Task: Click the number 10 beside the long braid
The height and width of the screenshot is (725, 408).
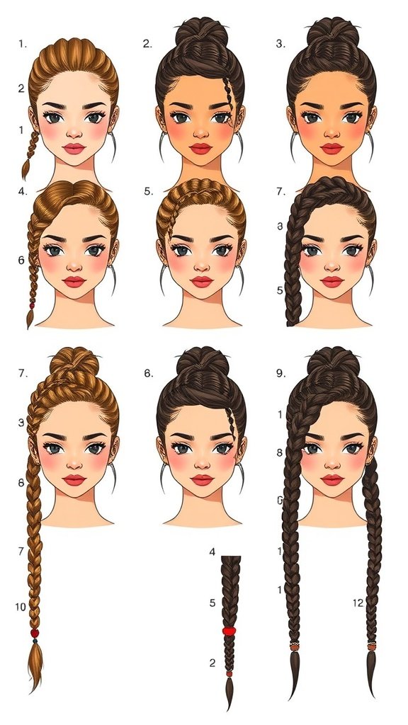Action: click(21, 607)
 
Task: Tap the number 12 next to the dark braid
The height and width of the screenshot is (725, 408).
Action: click(358, 603)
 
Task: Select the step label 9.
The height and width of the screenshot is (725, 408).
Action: click(280, 373)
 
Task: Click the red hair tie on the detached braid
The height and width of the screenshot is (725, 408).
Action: click(228, 630)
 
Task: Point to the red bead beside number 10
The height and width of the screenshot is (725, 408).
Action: click(34, 632)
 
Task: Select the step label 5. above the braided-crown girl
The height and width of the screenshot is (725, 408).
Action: click(147, 191)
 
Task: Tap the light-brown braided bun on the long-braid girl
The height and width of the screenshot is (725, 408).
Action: click(76, 365)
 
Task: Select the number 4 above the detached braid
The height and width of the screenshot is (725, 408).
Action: click(212, 552)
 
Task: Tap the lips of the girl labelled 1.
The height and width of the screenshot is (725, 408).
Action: click(74, 148)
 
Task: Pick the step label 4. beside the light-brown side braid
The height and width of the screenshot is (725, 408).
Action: click(22, 191)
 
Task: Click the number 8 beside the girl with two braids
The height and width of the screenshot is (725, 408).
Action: click(280, 452)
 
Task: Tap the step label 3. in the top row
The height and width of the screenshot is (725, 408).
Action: click(280, 44)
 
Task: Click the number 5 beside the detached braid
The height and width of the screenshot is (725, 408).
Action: click(212, 603)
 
